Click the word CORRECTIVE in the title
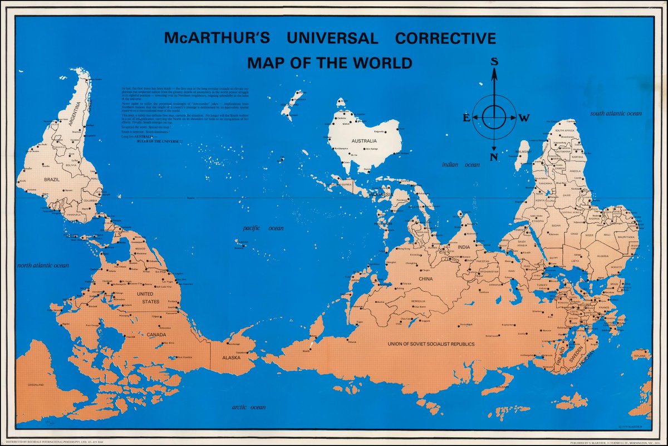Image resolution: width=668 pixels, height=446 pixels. click(445, 38)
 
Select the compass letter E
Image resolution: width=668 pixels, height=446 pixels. click(466, 117)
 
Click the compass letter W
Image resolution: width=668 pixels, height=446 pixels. click(524, 117)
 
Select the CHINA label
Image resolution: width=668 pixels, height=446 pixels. click(425, 278)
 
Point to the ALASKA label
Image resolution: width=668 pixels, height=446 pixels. click(231, 357)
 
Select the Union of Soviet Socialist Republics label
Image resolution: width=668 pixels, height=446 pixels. click(431, 344)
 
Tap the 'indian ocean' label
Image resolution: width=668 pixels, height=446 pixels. click(460, 165)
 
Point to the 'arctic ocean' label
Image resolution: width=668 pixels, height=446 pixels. click(248, 408)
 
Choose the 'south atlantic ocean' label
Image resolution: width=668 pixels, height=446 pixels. click(616, 113)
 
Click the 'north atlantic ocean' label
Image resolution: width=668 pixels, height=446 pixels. click(43, 266)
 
